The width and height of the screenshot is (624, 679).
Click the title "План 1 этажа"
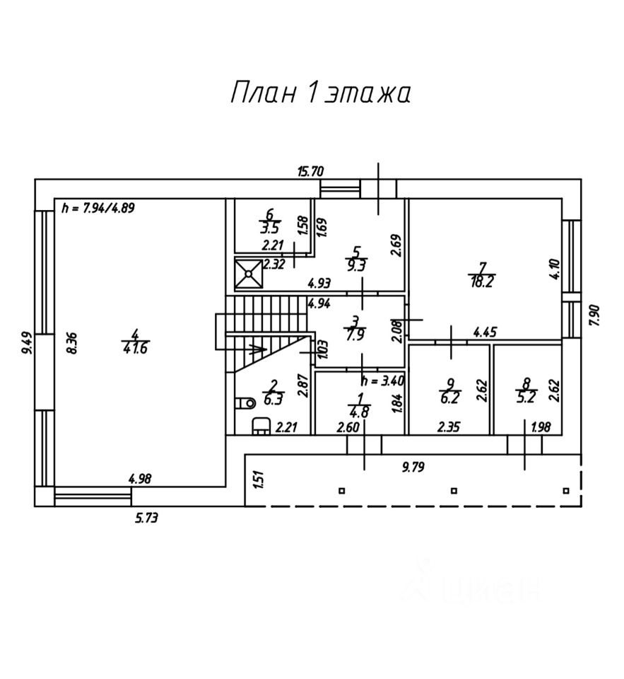320,93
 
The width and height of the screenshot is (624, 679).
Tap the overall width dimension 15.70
311,172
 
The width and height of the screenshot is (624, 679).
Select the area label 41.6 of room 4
135,348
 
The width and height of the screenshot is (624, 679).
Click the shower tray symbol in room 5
249,273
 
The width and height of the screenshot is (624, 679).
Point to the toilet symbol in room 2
245,403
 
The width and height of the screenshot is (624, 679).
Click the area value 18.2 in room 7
482,282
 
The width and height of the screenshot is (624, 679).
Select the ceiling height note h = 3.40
382,381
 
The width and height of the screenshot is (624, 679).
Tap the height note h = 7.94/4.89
98,208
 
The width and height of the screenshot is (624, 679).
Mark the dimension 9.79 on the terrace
413,468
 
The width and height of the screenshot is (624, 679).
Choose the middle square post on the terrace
454,491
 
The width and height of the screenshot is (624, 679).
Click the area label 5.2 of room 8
526,397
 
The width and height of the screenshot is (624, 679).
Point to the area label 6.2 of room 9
450,397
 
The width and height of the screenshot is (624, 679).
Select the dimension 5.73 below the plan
146,518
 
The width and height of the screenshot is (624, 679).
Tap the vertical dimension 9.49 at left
28,343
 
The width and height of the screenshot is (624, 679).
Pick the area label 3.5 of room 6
274,228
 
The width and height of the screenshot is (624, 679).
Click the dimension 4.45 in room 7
485,332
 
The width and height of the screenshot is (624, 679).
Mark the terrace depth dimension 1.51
259,480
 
